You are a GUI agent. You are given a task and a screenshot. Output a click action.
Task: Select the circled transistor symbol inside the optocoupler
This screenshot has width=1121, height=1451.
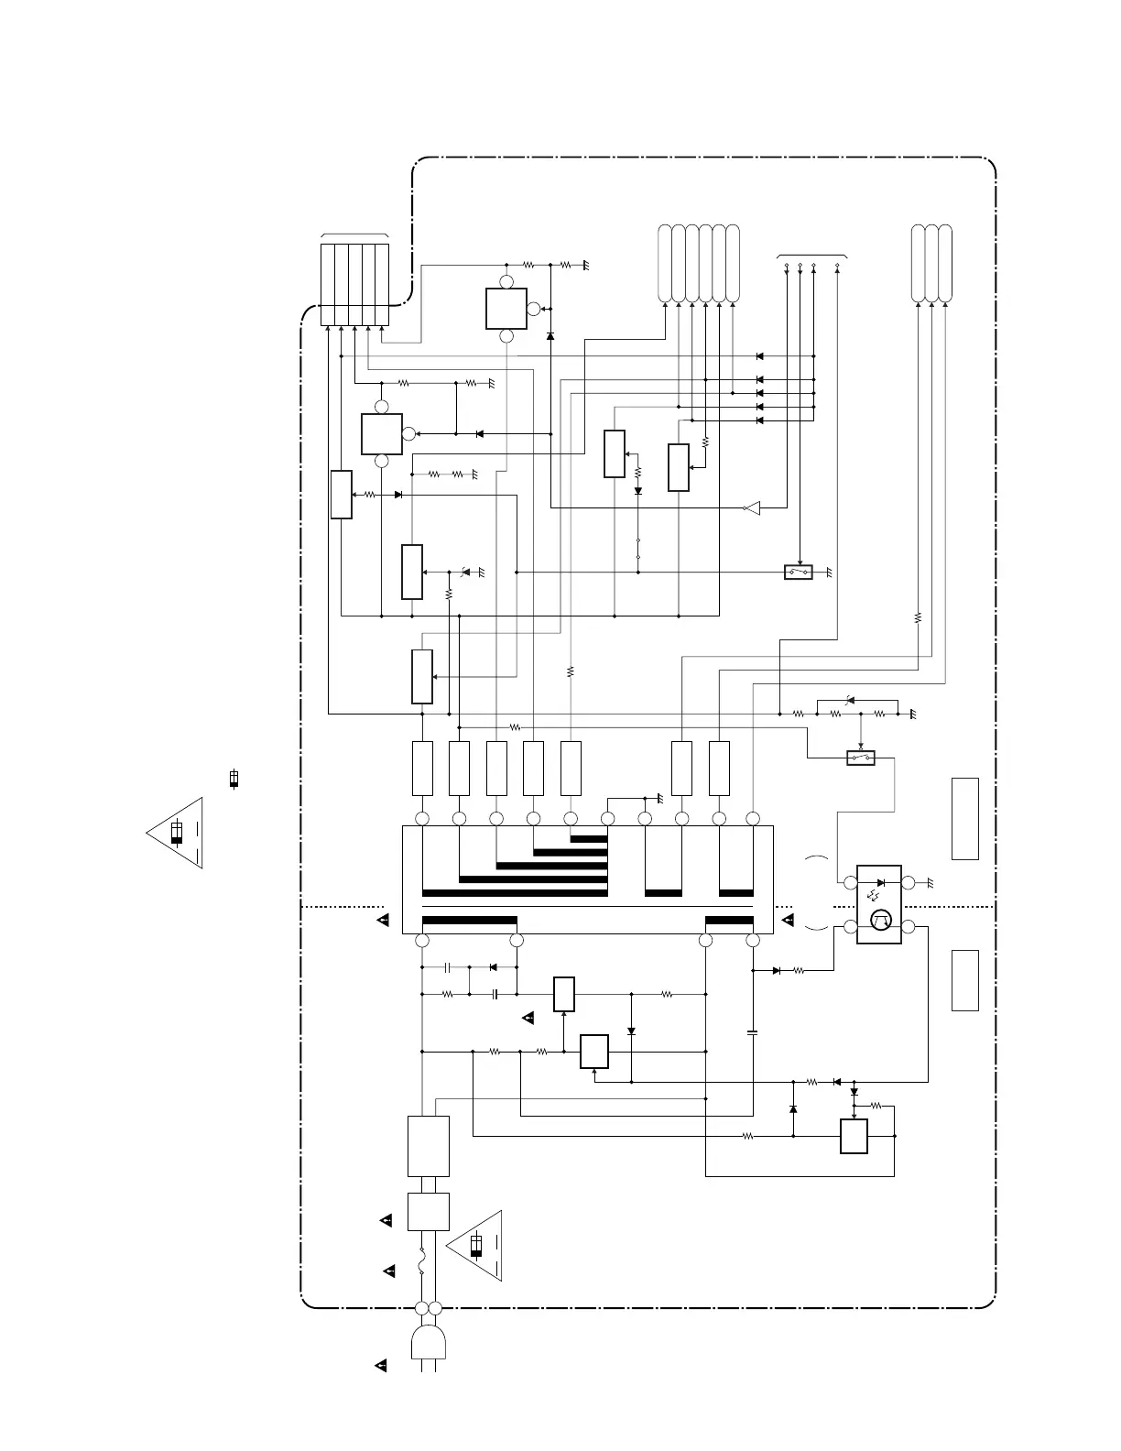[881, 922]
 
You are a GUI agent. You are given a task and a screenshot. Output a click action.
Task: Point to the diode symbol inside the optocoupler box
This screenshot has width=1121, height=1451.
[880, 882]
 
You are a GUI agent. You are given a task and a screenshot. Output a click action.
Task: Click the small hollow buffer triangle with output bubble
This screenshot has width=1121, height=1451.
[752, 507]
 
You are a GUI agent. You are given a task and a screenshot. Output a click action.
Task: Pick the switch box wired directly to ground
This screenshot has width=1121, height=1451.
[799, 573]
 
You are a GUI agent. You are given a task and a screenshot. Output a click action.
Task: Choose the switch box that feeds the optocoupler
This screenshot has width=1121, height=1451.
[861, 758]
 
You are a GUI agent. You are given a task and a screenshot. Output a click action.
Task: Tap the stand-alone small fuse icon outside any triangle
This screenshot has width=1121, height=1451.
[234, 779]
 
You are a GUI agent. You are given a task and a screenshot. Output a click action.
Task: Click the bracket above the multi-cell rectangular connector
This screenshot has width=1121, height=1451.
[355, 236]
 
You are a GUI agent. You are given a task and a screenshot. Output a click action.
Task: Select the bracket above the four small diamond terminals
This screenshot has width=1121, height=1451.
[811, 256]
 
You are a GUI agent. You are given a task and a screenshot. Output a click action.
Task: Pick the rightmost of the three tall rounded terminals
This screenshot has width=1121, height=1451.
[945, 263]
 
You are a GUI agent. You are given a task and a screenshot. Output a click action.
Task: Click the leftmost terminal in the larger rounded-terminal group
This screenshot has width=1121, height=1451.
[665, 263]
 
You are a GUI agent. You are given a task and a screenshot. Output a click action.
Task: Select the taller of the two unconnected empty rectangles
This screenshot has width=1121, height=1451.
[965, 818]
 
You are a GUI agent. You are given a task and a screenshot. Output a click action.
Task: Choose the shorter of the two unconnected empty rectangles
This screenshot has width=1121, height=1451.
[965, 980]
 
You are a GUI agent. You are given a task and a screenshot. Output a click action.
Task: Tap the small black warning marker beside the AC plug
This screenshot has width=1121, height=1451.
[382, 1367]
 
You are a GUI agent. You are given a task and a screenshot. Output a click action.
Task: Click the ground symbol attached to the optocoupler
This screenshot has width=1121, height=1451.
[930, 883]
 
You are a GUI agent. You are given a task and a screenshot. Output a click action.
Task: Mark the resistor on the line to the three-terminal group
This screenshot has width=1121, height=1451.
[918, 617]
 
